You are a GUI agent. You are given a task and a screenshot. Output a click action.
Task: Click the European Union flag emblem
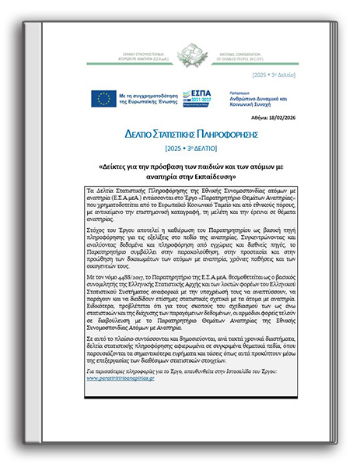[103, 98]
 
